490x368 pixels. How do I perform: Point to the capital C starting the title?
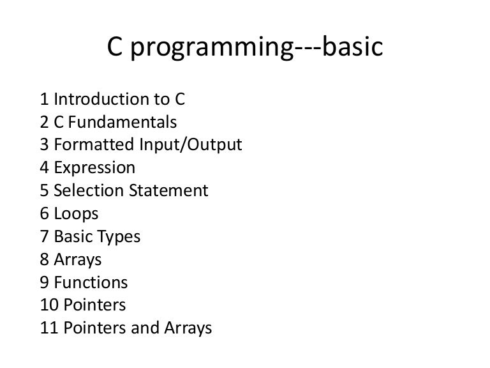click(113, 49)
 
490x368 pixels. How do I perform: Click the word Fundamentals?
click(127, 122)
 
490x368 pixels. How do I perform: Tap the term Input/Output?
click(191, 146)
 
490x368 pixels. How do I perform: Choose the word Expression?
click(94, 169)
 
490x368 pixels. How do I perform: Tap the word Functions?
click(91, 282)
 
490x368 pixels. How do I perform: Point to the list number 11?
click(48, 328)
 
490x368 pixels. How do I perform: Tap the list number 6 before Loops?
click(44, 214)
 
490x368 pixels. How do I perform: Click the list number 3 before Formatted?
click(44, 145)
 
